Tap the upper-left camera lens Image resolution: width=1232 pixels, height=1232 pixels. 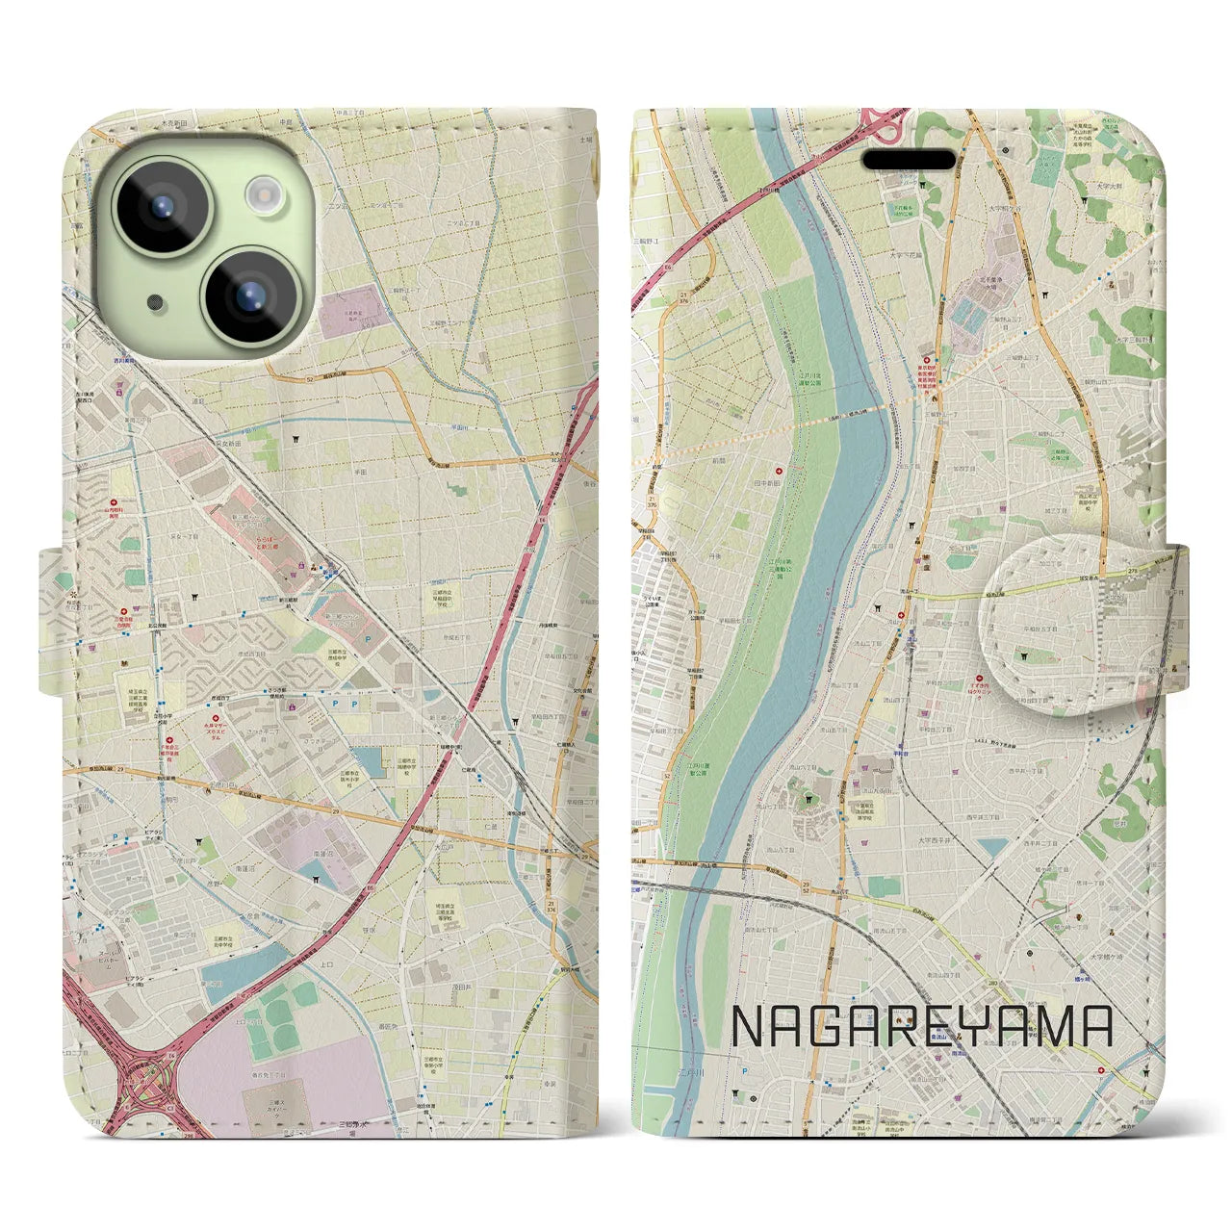162,206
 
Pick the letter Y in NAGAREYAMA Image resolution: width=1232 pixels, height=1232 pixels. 975,1027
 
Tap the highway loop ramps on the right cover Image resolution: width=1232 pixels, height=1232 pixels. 882,120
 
